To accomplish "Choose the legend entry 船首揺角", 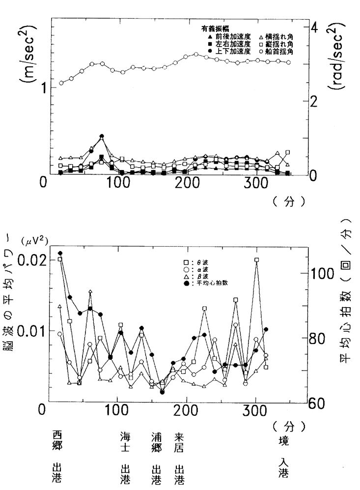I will pyautogui.click(x=285, y=51).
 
